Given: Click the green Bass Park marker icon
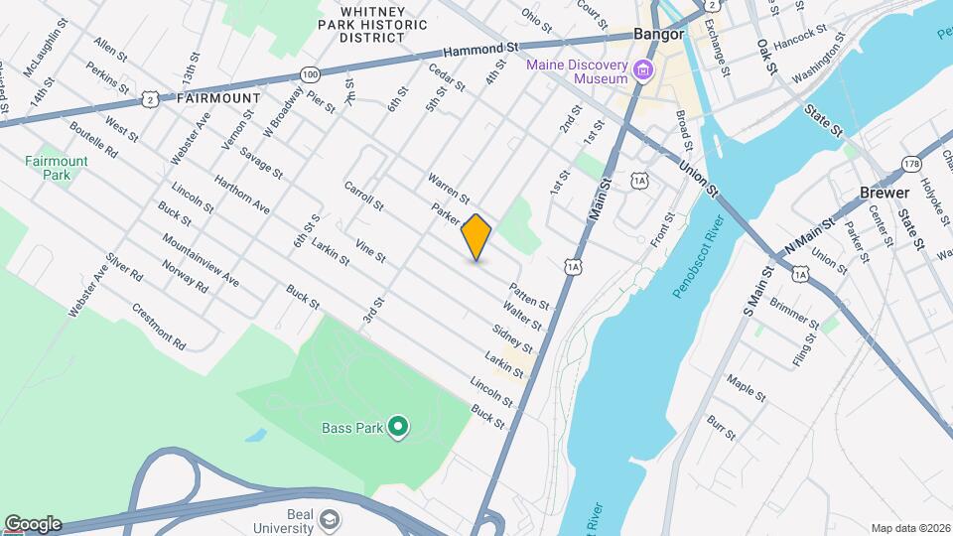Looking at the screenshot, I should (398, 428).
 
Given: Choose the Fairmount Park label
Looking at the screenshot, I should (56, 167).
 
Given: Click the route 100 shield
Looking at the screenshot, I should (310, 73).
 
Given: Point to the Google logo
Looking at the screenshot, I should (33, 524).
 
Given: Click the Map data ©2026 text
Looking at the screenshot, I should (909, 528).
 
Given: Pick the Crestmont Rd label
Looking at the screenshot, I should (159, 326).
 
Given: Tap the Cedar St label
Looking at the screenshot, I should (447, 77).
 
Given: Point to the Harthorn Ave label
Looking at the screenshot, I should (240, 194).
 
